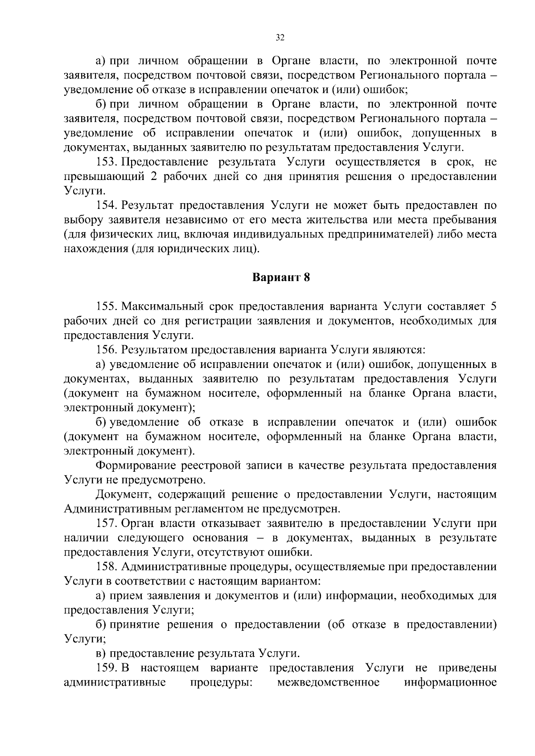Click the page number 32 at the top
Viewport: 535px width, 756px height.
[x=280, y=37]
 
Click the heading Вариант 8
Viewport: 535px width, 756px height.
[x=281, y=278]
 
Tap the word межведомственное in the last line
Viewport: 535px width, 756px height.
[x=328, y=682]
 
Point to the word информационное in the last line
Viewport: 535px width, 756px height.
[x=450, y=682]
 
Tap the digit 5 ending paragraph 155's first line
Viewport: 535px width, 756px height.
[x=493, y=306]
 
